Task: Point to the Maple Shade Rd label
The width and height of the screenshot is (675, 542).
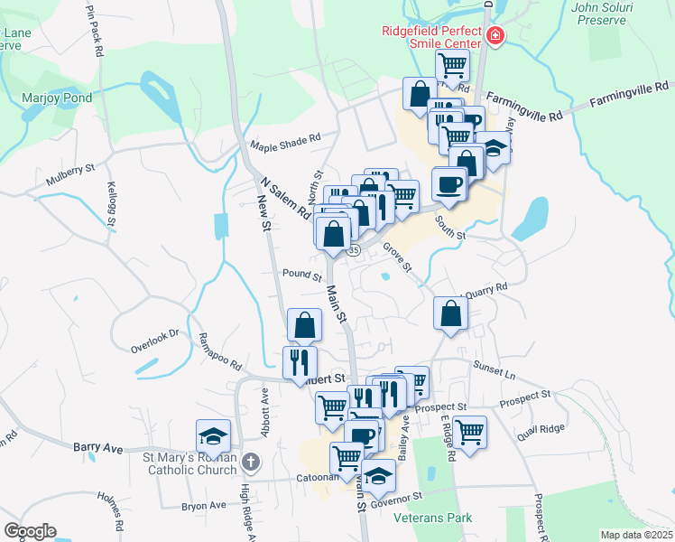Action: tap(286, 139)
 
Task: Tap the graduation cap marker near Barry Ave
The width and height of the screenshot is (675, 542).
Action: tap(214, 436)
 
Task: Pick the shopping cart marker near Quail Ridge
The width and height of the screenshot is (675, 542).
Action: tap(470, 431)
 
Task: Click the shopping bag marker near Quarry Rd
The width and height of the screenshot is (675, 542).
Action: tap(450, 313)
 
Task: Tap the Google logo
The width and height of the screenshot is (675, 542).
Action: tap(30, 531)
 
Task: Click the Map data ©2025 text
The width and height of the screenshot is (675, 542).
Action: tap(636, 535)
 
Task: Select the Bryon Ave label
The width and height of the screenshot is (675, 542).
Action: tap(203, 506)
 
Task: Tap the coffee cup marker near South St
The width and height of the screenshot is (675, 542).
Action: tap(449, 184)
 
